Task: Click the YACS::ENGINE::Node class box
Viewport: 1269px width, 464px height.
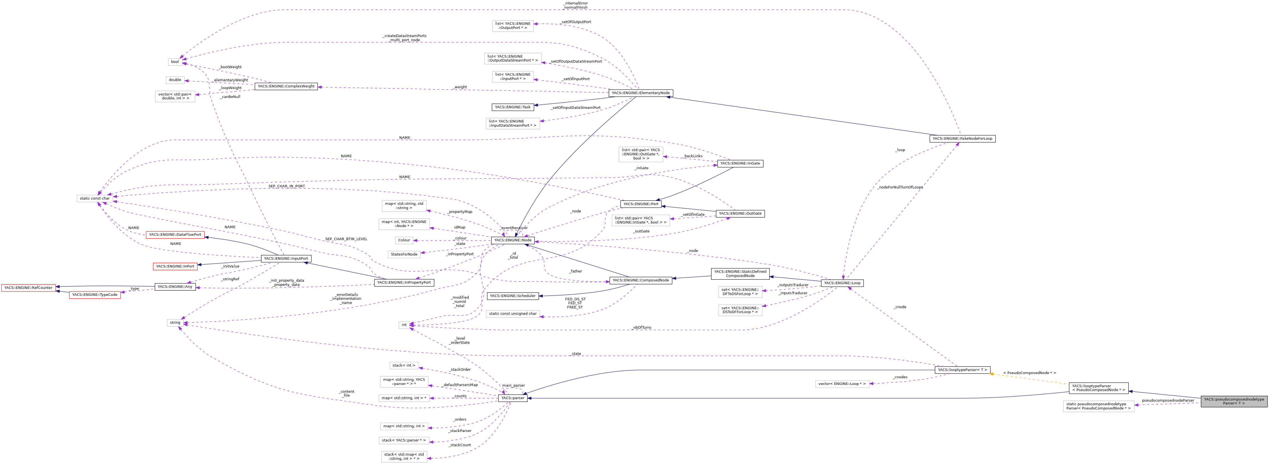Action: [x=513, y=240]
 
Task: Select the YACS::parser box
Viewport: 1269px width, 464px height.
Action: [x=512, y=398]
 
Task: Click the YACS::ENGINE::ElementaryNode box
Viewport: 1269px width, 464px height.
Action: [x=640, y=93]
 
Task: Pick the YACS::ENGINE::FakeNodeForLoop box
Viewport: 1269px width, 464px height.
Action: [x=962, y=139]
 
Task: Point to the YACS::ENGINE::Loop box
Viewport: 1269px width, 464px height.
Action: [x=842, y=283]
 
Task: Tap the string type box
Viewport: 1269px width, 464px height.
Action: [x=175, y=323]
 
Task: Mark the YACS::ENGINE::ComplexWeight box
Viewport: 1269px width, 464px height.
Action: [x=286, y=87]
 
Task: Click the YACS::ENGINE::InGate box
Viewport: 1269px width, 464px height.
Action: [x=740, y=164]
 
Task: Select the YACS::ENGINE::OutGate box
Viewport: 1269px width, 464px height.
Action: [x=740, y=214]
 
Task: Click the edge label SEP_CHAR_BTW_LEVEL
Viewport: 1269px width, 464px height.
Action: [x=346, y=239]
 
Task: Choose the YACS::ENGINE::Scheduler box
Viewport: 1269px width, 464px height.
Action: [x=512, y=296]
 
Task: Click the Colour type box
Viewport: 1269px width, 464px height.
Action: [x=404, y=240]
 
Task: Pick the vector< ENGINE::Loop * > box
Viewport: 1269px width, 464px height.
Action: [x=842, y=384]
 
